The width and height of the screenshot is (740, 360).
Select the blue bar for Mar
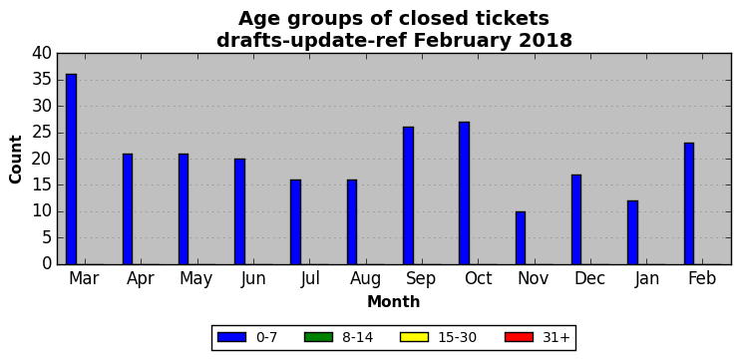click(x=71, y=169)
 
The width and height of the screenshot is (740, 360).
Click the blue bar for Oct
click(x=465, y=193)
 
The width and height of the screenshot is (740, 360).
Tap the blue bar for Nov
click(x=521, y=237)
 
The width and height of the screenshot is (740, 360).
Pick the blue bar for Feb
click(x=689, y=203)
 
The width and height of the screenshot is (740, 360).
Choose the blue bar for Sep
click(x=408, y=195)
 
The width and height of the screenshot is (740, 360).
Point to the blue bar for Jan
click(x=633, y=232)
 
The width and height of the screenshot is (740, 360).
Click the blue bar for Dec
click(x=576, y=219)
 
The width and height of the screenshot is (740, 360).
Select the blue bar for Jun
click(x=239, y=211)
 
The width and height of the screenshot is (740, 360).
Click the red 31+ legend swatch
click(x=519, y=337)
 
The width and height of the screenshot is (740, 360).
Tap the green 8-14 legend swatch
click(x=318, y=337)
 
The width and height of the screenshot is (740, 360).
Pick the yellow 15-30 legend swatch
click(x=414, y=337)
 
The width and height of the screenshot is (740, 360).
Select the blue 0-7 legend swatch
click(x=231, y=337)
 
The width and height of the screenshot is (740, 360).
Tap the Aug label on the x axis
click(x=365, y=278)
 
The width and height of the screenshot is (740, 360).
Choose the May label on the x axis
click(x=195, y=279)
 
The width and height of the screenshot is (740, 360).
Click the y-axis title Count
click(x=16, y=159)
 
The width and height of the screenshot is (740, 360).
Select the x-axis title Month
click(x=394, y=301)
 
